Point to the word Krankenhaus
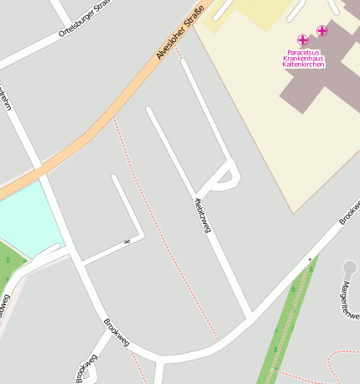click(x=304, y=58)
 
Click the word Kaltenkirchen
click(x=304, y=65)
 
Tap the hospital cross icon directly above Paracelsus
click(x=303, y=39)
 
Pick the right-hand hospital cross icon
click(x=322, y=31)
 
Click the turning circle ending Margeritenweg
click(x=350, y=268)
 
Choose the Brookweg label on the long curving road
click(x=117, y=331)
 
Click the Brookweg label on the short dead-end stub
click(x=86, y=368)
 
